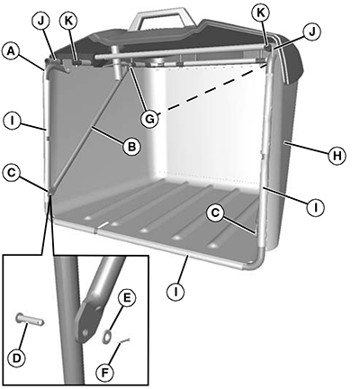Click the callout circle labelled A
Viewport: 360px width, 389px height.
click(11, 51)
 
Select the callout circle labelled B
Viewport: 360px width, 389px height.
click(131, 147)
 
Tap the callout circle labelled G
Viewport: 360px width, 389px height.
click(149, 119)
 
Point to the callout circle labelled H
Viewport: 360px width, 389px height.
click(337, 156)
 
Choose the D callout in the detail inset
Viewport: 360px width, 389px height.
click(17, 357)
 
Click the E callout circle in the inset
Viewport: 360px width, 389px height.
click(127, 298)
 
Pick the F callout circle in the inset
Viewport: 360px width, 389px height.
click(105, 373)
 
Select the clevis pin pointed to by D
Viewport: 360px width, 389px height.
click(30, 319)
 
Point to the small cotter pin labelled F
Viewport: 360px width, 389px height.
click(124, 340)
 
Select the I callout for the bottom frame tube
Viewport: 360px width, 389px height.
click(175, 291)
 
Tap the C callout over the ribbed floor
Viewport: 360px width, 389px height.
click(216, 213)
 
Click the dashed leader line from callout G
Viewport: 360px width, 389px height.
click(213, 88)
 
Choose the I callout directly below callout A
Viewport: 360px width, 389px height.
click(12, 122)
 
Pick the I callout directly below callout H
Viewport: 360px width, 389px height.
click(315, 207)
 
